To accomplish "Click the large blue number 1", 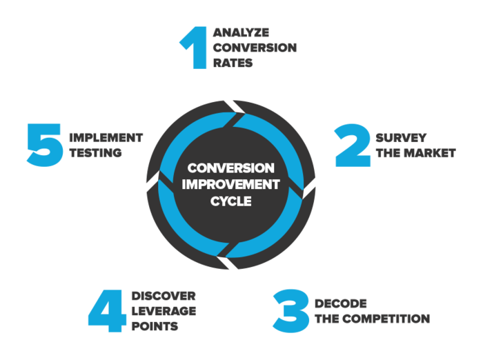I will [195, 48].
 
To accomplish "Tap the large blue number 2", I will [353, 146].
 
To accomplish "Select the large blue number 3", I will [291, 310].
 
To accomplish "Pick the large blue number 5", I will [46, 144].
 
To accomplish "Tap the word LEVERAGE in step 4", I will [164, 311].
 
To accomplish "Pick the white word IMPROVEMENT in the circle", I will [231, 185].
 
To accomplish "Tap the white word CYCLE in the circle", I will [231, 201].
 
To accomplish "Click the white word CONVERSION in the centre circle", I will [231, 168].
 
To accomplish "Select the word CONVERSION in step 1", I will [255, 48].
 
